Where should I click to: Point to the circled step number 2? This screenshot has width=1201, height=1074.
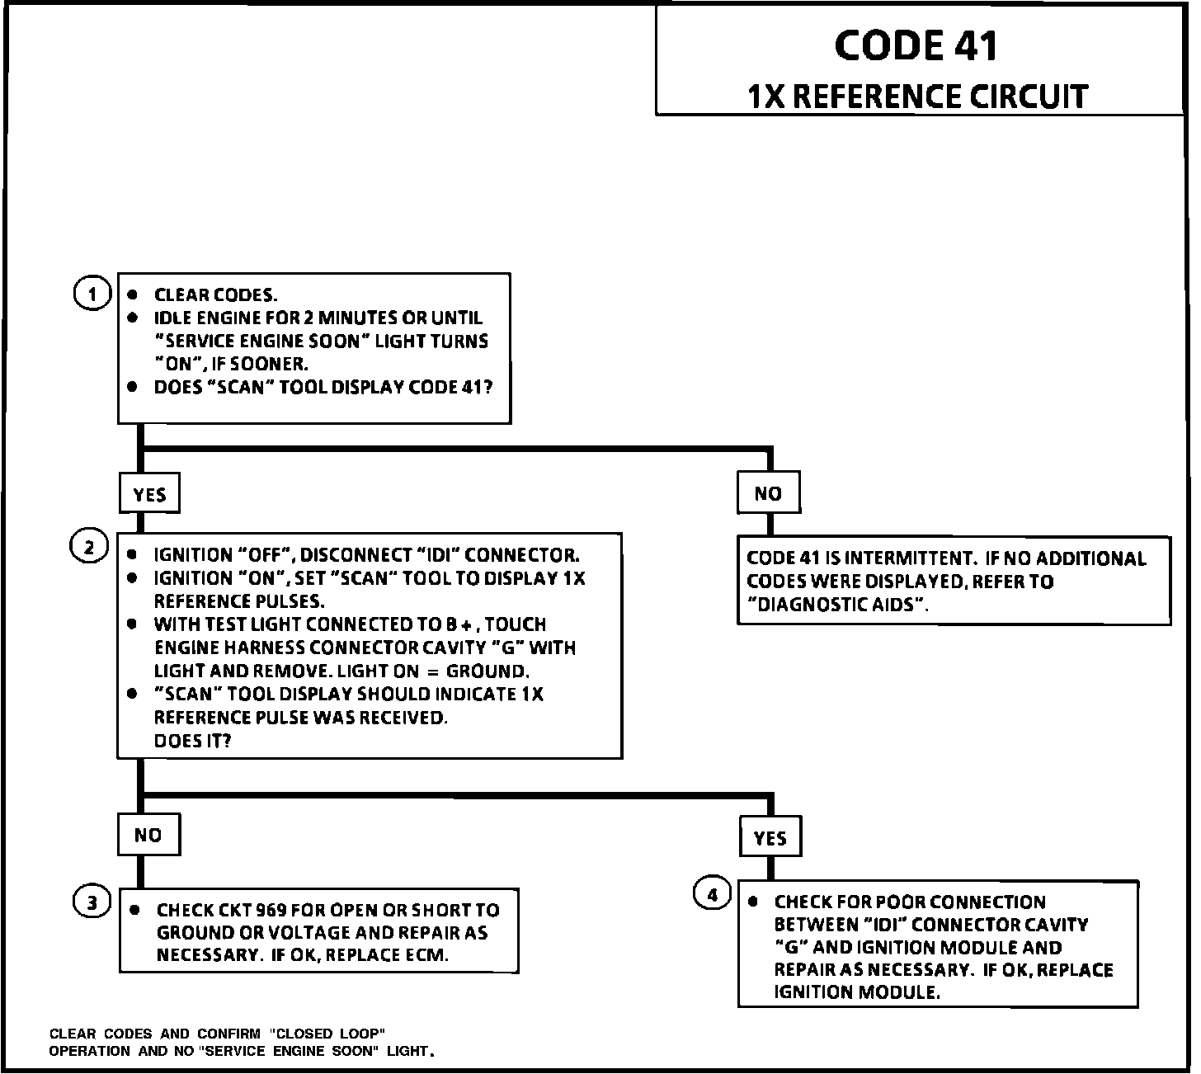[89, 547]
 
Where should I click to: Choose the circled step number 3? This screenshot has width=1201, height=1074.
[92, 902]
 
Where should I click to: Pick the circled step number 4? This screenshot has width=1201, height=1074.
[712, 894]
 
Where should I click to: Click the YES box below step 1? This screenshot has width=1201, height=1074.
[149, 494]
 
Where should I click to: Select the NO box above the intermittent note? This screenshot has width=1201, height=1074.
[768, 493]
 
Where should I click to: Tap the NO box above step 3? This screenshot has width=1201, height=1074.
[148, 835]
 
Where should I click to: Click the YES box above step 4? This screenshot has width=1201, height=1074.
[770, 838]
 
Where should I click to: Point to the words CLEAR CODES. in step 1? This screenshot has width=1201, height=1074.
[216, 295]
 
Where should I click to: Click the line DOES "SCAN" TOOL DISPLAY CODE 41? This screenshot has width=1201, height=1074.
[323, 387]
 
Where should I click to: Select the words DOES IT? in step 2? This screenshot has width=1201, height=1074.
[192, 741]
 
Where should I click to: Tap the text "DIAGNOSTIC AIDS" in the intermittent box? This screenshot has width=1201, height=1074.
[837, 604]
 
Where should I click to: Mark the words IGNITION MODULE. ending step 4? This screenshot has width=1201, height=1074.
[857, 992]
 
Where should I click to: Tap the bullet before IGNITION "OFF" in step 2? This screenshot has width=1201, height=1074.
[132, 554]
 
